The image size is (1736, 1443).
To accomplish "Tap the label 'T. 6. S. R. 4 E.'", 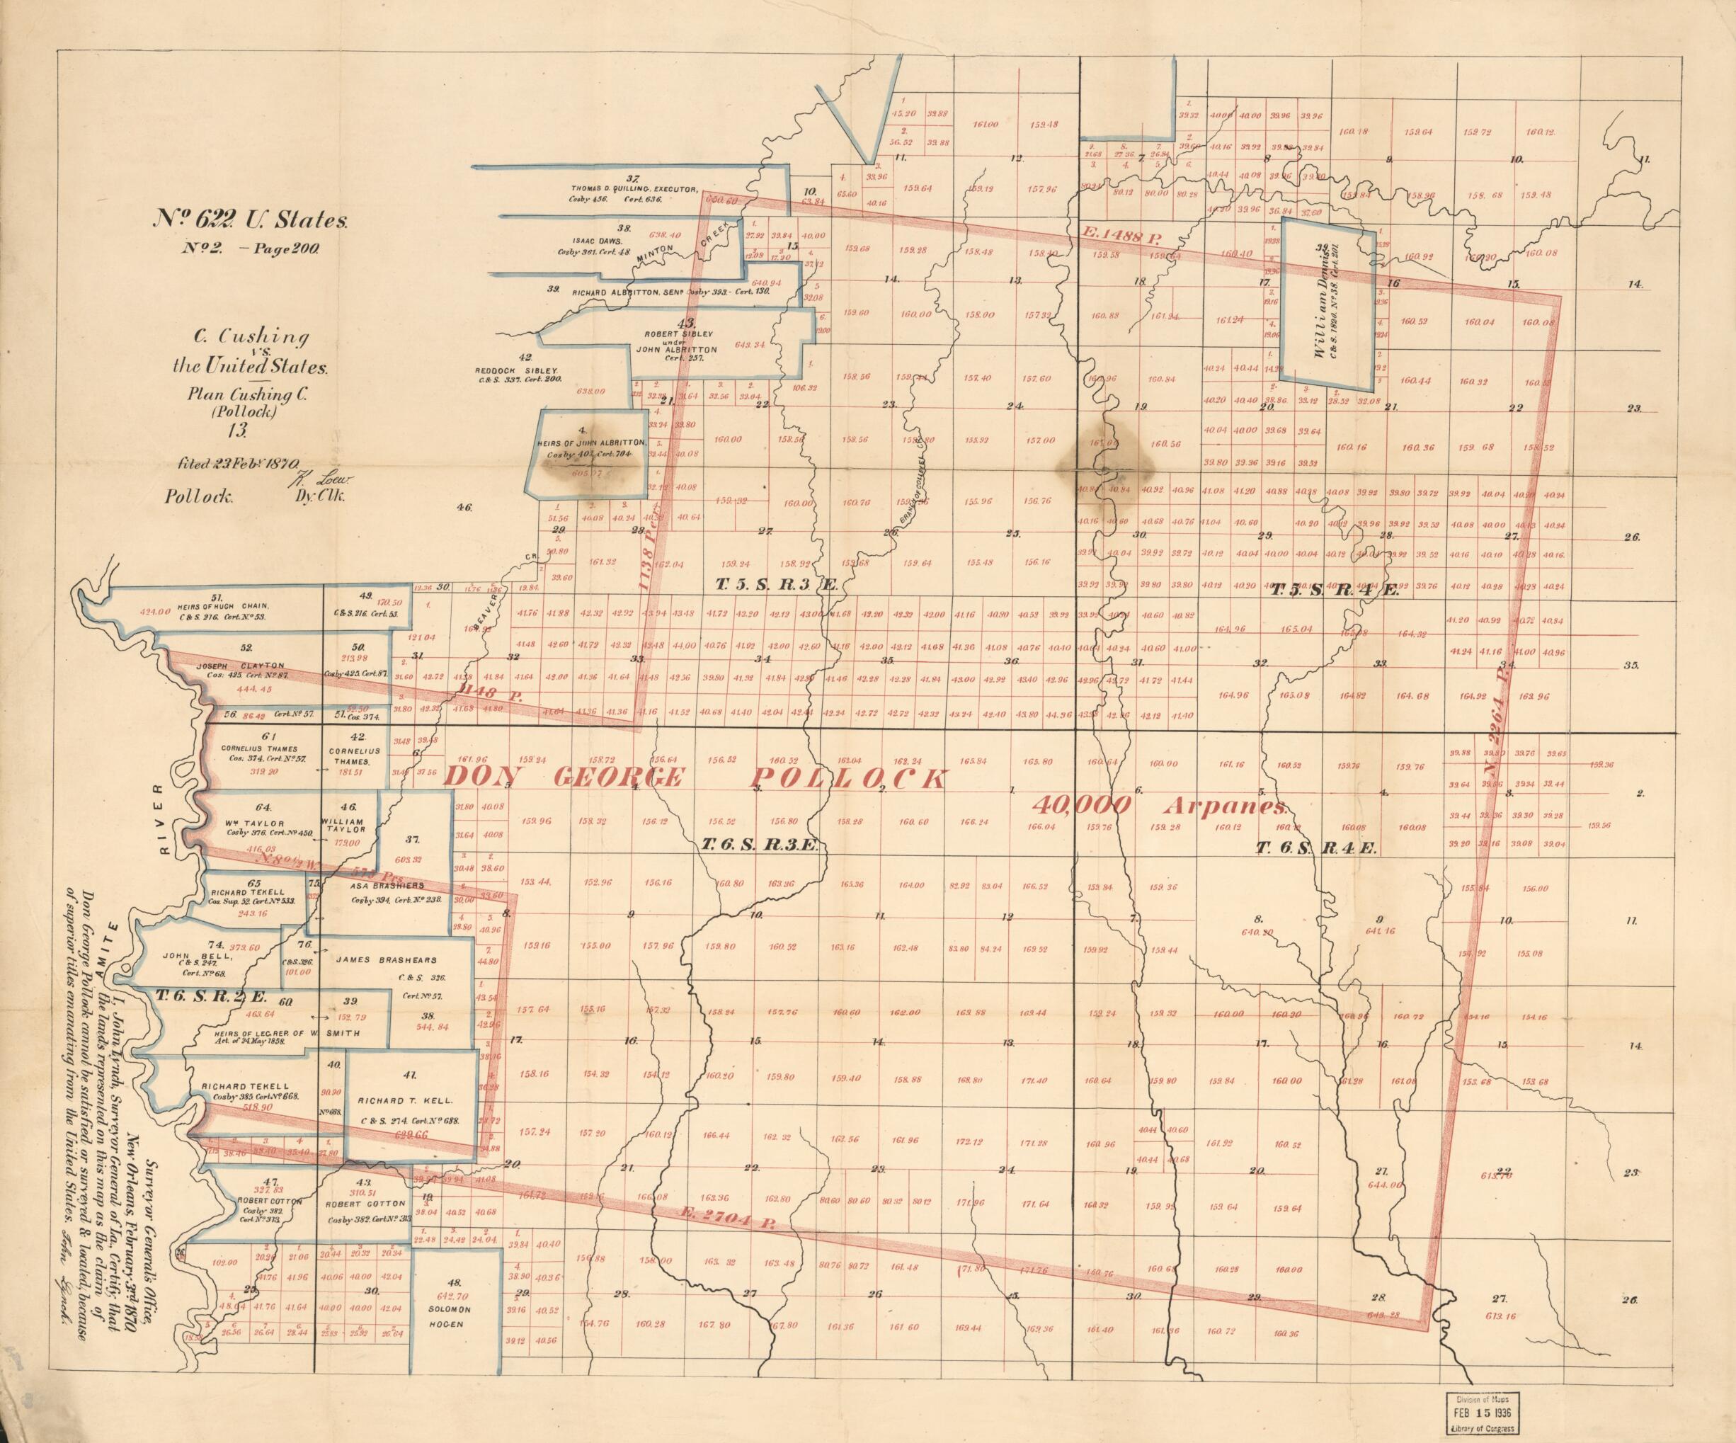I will (x=1315, y=848).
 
